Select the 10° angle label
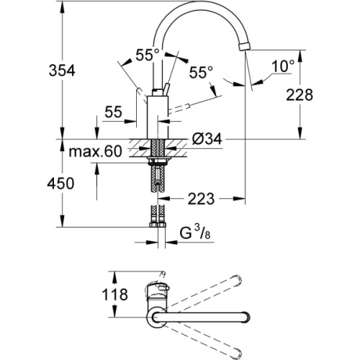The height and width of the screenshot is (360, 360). pos(283,66)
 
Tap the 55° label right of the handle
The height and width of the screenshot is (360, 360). pos(201,72)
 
